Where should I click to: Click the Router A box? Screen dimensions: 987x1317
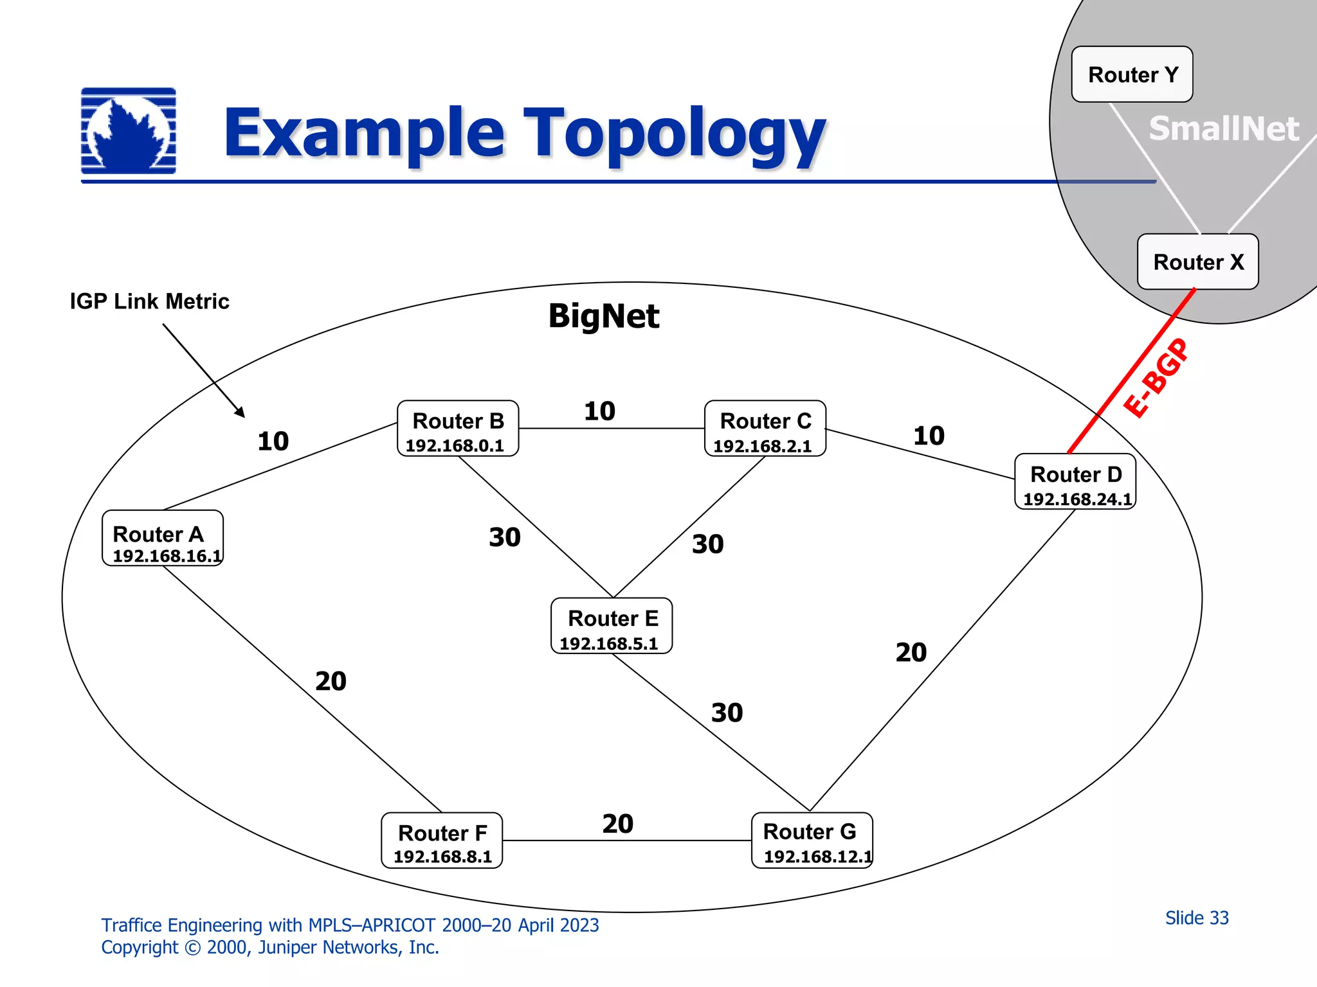(x=163, y=538)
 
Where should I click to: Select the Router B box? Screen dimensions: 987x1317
(x=458, y=429)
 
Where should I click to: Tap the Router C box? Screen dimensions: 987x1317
(x=765, y=429)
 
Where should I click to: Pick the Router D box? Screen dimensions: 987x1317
(x=1075, y=482)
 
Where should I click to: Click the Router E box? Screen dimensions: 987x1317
(x=612, y=626)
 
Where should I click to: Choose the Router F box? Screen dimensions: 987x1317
(x=442, y=840)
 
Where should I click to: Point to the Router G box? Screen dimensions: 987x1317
(x=812, y=840)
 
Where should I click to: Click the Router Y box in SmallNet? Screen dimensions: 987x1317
(x=1132, y=75)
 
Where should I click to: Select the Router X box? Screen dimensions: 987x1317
(x=1197, y=262)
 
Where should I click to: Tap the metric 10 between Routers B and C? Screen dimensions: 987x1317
(x=599, y=411)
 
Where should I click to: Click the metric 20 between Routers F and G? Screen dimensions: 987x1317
(x=617, y=824)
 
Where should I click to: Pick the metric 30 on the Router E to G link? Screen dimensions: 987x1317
(x=727, y=713)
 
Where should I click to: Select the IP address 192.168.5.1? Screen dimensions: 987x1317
(x=608, y=644)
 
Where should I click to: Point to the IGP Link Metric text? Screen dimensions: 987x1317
(x=149, y=301)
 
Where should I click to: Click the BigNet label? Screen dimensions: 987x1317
(x=603, y=316)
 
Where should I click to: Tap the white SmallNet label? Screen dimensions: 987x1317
(x=1224, y=129)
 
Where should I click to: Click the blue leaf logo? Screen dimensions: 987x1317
(x=129, y=131)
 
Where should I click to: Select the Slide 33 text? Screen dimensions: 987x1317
(x=1197, y=918)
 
